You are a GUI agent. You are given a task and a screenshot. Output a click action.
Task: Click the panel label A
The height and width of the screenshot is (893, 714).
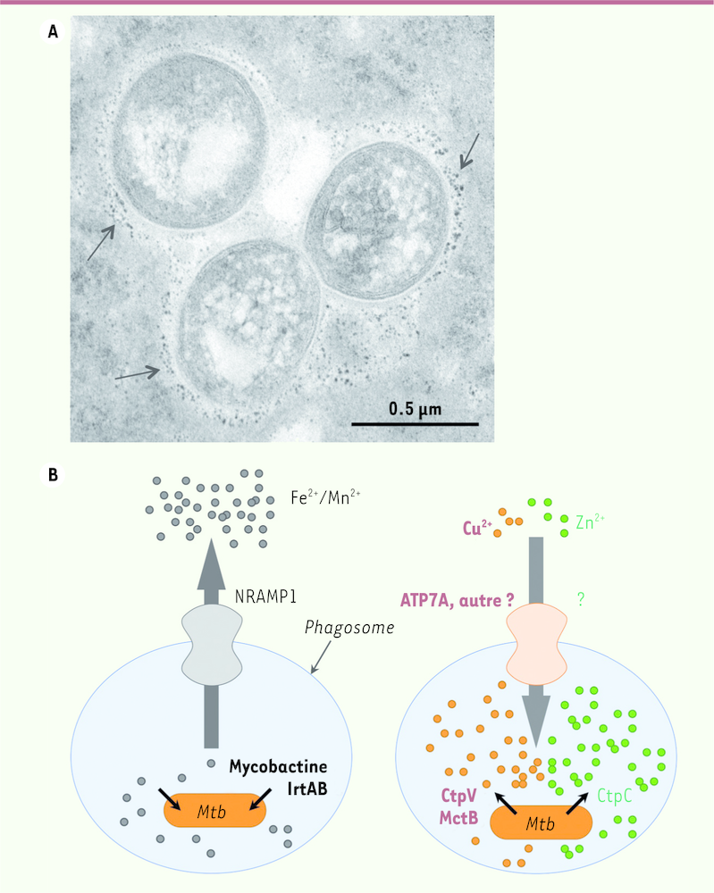[53, 31]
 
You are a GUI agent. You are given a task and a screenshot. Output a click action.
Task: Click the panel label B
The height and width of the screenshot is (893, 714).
[53, 474]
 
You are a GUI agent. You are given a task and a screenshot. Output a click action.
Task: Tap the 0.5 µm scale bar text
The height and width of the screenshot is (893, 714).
[415, 409]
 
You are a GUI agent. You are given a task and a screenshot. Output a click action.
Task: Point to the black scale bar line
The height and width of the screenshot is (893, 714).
[415, 424]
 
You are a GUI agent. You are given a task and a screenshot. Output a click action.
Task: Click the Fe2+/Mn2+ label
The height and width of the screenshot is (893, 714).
[325, 497]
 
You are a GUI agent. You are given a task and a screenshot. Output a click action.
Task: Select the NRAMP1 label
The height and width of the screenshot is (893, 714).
[265, 597]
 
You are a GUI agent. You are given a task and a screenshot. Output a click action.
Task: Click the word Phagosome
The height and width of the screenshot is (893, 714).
[349, 628]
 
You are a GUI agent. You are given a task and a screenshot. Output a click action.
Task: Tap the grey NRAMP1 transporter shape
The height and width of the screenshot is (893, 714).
[212, 646]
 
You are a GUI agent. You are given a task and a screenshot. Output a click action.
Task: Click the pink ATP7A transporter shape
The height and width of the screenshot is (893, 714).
[536, 644]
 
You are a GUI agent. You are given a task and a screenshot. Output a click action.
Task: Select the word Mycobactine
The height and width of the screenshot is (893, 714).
[278, 767]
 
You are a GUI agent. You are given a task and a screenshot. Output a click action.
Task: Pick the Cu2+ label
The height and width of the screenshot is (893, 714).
[477, 528]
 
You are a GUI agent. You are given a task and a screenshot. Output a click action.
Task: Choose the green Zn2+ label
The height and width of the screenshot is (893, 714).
[590, 521]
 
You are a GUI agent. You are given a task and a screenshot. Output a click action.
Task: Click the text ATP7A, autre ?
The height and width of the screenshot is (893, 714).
[457, 600]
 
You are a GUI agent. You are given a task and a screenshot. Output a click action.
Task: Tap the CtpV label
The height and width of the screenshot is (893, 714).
[458, 795]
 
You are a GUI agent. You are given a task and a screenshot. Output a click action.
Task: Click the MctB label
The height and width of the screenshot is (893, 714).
[458, 818]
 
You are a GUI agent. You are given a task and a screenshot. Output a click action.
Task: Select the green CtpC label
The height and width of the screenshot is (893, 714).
[614, 795]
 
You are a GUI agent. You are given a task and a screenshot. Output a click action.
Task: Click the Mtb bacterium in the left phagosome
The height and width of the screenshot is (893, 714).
[214, 811]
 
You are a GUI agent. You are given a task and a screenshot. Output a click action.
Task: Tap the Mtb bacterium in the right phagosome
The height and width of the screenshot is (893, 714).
[541, 822]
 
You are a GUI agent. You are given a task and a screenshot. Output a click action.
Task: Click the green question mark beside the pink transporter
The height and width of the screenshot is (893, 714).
[581, 598]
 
